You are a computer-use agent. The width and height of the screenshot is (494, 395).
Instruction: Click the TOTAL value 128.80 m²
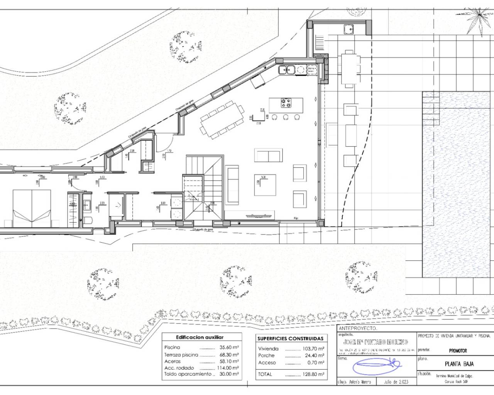coord(313,374)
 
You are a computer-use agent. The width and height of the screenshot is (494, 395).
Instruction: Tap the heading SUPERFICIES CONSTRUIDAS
coord(290,338)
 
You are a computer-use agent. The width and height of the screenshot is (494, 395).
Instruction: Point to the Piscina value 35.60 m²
coord(227,347)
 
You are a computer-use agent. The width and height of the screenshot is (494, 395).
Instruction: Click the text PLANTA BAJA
coord(459,364)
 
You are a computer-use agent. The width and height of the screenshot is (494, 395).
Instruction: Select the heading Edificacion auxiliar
coord(200,337)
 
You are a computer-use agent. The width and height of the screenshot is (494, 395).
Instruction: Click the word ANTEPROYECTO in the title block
coord(357,328)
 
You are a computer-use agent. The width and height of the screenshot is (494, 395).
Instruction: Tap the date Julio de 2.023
coord(395,382)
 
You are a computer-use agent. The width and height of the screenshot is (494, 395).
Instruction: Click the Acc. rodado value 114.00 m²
coord(227,368)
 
